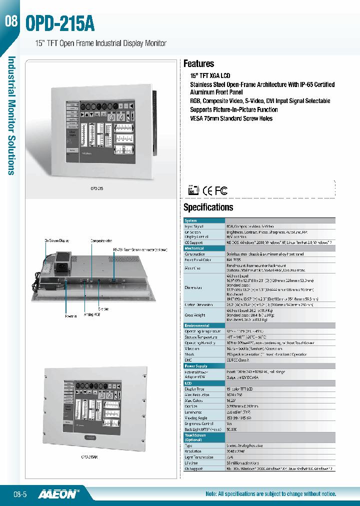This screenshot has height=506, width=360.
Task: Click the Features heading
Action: click(x=198, y=63)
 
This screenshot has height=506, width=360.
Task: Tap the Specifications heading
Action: click(x=208, y=207)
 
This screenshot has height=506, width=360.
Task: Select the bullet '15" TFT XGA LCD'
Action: click(x=210, y=75)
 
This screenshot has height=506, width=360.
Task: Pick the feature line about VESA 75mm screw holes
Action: click(x=231, y=118)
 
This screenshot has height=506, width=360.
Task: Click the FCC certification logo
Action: click(x=221, y=190)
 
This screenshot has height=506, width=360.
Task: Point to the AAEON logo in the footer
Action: click(x=60, y=493)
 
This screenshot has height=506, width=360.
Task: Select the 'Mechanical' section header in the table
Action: click(x=194, y=248)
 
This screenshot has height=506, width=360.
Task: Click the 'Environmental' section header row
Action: click(x=197, y=325)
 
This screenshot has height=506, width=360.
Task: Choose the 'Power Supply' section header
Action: click(x=196, y=366)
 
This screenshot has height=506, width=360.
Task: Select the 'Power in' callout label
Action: click(x=70, y=316)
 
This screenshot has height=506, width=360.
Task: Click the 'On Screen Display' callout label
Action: click(x=57, y=240)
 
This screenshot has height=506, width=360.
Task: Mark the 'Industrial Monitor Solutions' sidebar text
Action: click(x=11, y=115)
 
